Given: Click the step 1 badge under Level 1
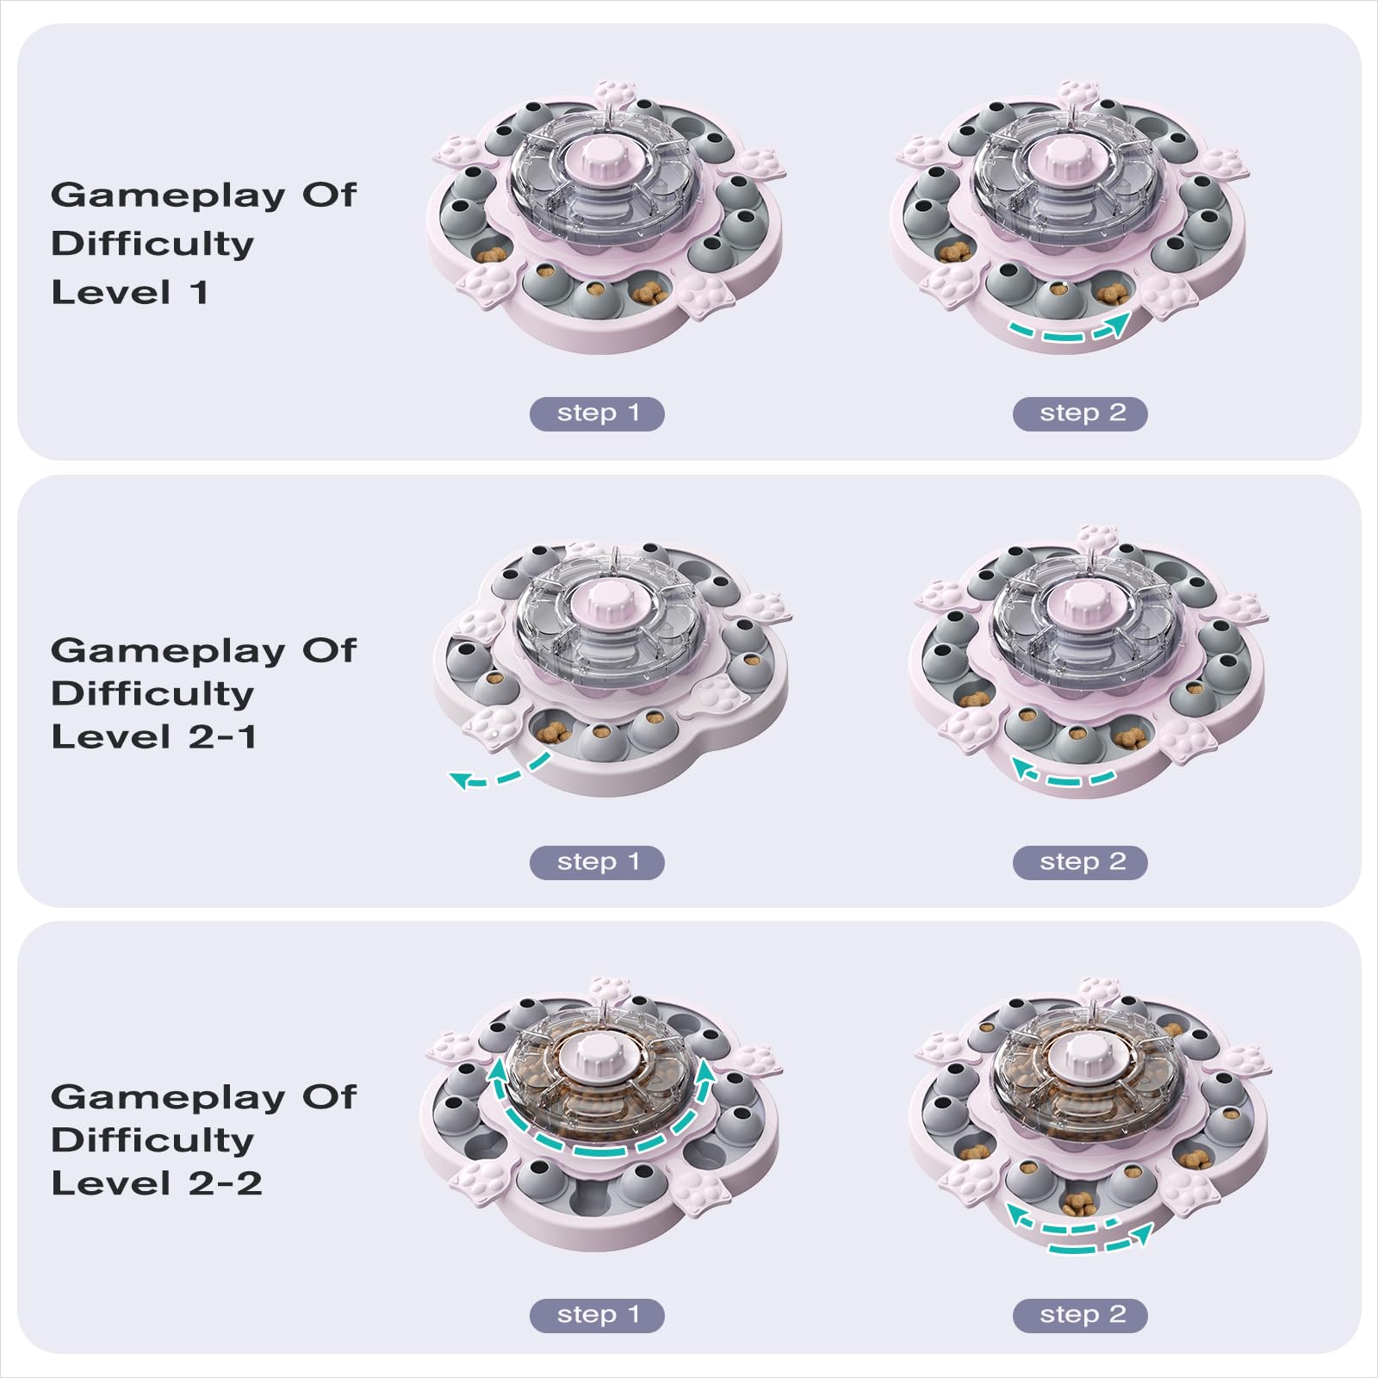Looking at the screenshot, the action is coord(597,413).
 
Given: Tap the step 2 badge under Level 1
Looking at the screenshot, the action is coord(1080,413).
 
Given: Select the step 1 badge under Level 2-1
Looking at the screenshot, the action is coord(597,862).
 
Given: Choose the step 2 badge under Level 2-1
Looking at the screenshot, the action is coord(1080,862).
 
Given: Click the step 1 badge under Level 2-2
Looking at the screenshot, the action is coord(597,1315).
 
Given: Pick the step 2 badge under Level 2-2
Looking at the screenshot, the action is coord(1080,1315).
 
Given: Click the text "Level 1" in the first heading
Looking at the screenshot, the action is coord(130,293).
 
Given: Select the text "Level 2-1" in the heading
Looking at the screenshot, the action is coord(153,737).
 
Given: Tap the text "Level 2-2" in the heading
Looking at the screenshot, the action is coord(156,1183).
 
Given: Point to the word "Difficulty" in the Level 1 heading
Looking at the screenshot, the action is coord(152,245).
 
